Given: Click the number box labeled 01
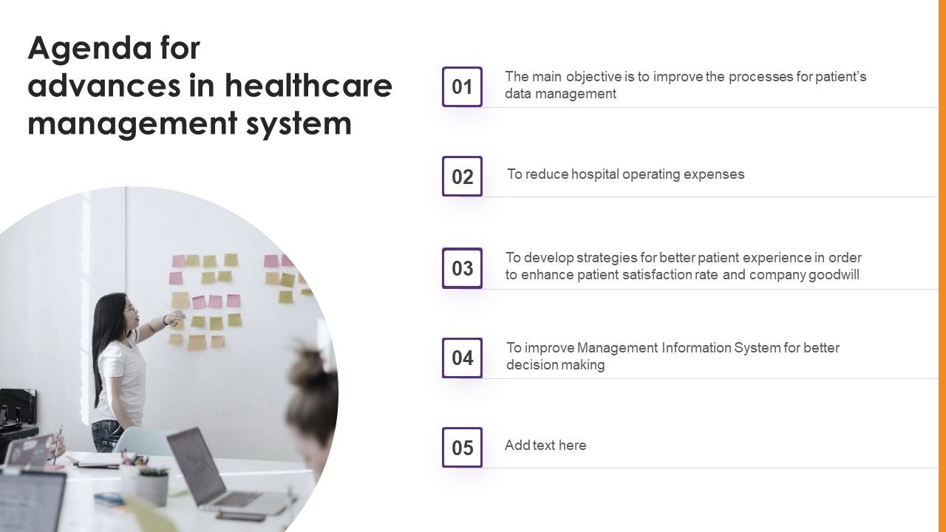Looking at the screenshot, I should pyautogui.click(x=462, y=87).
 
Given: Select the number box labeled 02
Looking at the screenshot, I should pyautogui.click(x=462, y=177).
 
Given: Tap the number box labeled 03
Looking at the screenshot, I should pyautogui.click(x=462, y=268).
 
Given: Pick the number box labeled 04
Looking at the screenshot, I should pyautogui.click(x=462, y=358).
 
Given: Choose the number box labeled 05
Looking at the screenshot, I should pyautogui.click(x=462, y=448).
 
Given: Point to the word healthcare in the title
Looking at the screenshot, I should pyautogui.click(x=308, y=86).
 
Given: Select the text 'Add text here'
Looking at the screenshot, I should pyautogui.click(x=545, y=446).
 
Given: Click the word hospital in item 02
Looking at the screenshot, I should pyautogui.click(x=594, y=174).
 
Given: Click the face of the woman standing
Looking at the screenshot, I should pyautogui.click(x=129, y=310).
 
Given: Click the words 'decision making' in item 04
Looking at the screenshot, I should pyautogui.click(x=555, y=365).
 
